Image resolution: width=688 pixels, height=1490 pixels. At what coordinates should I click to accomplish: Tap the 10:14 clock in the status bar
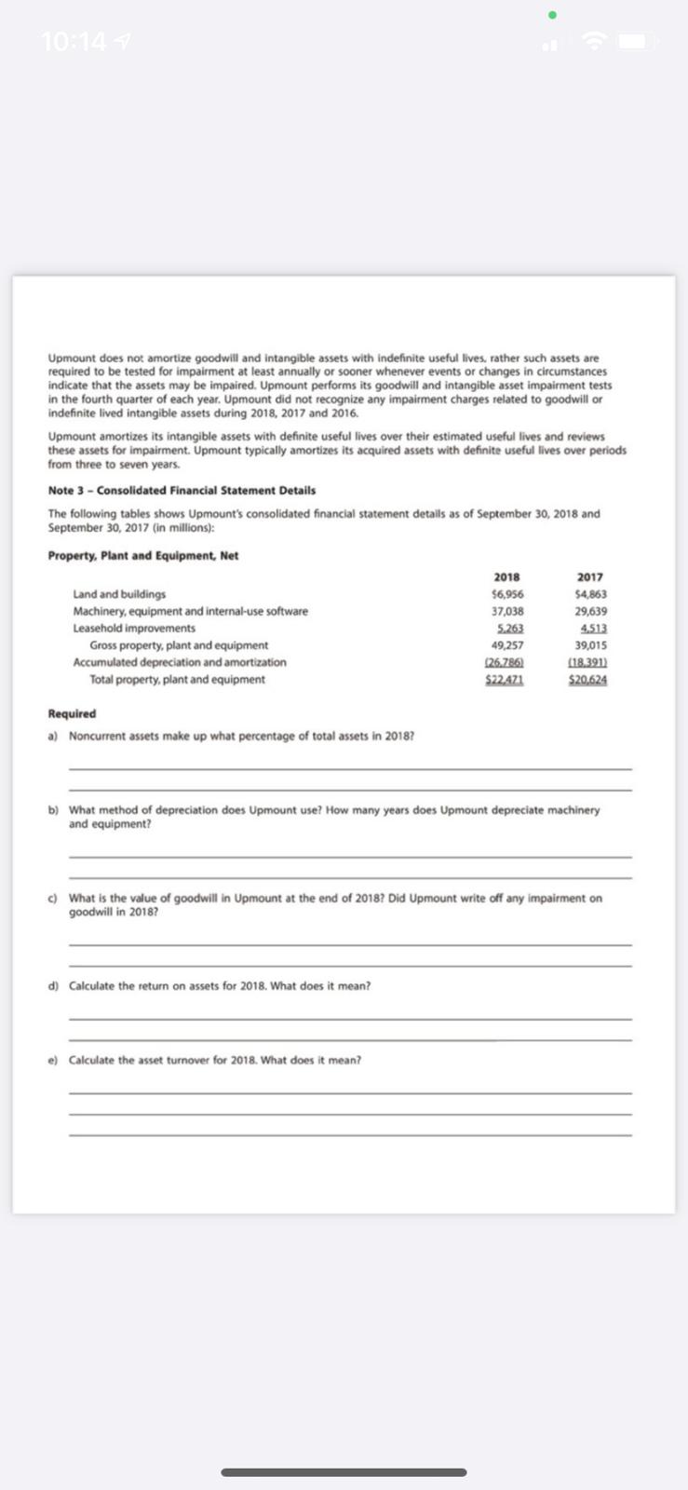(74, 42)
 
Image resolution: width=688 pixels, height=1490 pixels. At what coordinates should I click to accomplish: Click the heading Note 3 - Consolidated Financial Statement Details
(182, 491)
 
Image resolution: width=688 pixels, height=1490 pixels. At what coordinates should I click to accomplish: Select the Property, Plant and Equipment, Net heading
(142, 556)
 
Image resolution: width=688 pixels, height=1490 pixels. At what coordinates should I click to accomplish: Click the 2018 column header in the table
(506, 577)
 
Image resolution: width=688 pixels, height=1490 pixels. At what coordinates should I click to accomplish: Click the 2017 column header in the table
(589, 577)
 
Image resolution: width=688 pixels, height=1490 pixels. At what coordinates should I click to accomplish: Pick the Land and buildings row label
(119, 594)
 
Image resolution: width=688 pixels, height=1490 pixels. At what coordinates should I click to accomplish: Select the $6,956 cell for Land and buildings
(506, 594)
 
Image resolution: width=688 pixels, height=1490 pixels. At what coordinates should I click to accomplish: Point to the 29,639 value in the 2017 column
(590, 612)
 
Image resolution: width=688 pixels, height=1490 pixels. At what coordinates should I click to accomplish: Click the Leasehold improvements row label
(134, 629)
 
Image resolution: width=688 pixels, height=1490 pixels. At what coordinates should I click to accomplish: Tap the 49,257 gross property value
(506, 645)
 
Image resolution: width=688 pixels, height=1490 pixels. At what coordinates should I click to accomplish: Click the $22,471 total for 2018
(506, 680)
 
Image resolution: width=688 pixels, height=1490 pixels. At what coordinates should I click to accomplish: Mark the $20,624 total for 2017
(588, 680)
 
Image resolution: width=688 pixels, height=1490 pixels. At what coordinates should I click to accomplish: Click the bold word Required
(72, 714)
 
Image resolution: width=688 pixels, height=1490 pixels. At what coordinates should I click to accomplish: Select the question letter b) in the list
(53, 810)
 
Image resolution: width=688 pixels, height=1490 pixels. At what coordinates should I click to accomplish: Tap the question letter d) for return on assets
(53, 986)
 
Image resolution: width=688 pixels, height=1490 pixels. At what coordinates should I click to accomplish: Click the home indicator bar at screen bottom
(344, 1472)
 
